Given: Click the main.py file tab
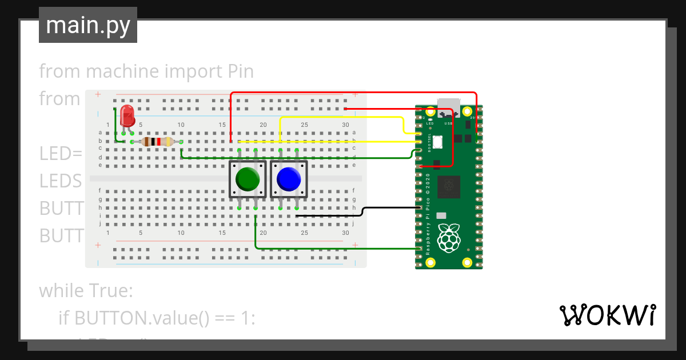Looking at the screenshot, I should [87, 25].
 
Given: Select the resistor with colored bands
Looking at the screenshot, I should [157, 142].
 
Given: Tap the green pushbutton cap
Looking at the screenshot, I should [248, 179].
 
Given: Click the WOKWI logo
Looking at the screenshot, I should [607, 315].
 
